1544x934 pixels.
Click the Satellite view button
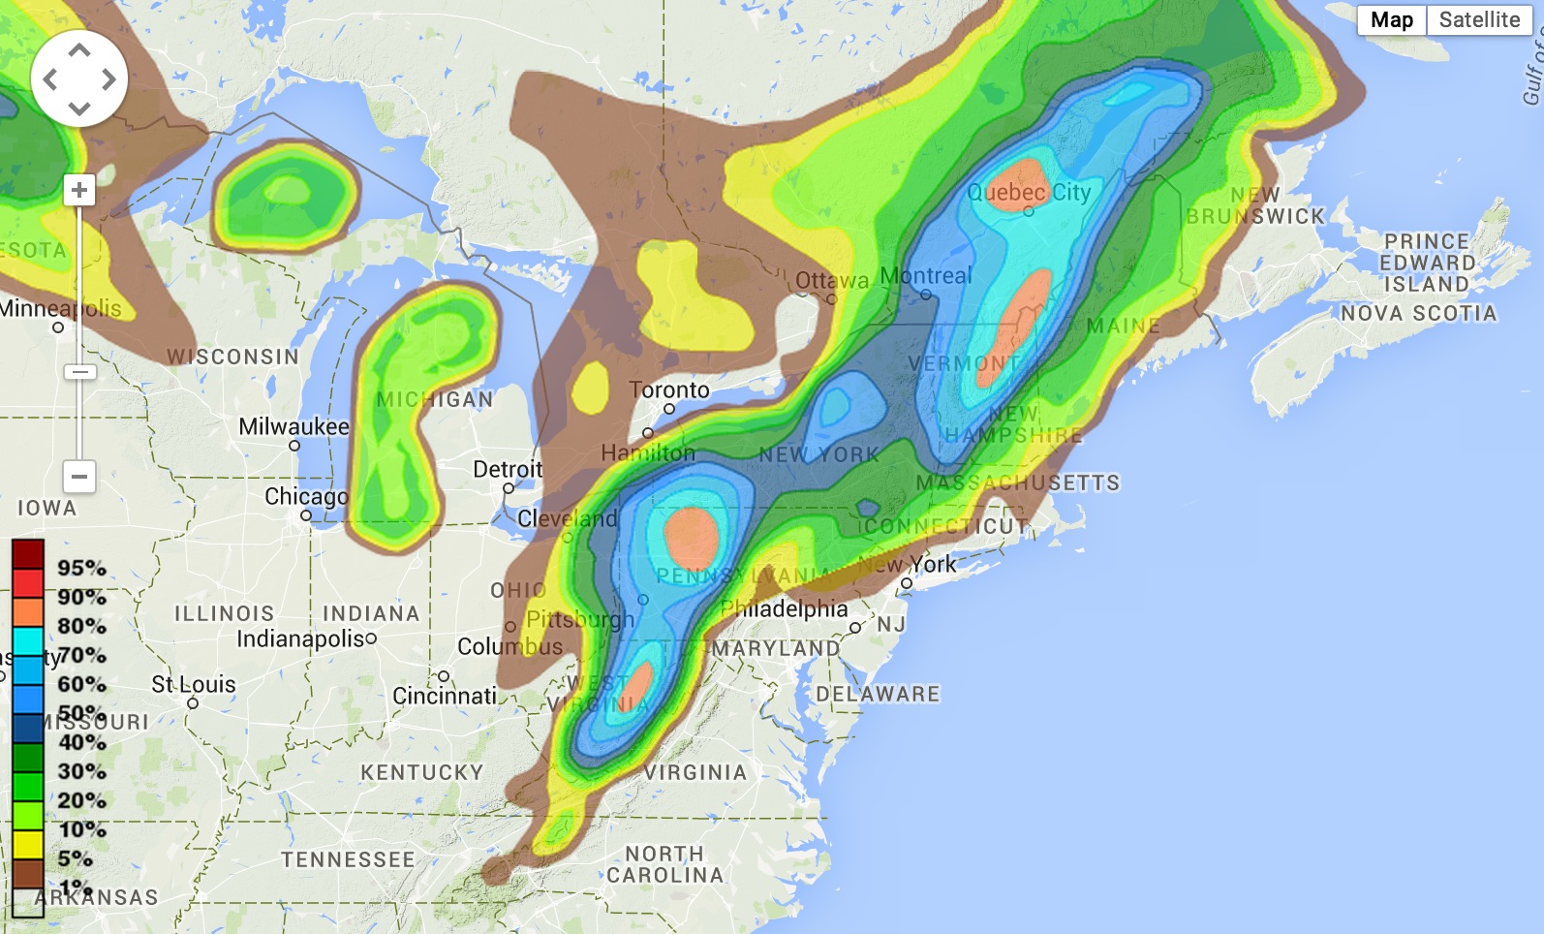(x=1478, y=20)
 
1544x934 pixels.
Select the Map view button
(x=1392, y=20)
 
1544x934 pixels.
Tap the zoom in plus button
(x=79, y=190)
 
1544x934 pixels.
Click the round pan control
(x=79, y=78)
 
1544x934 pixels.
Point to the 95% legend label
(x=81, y=568)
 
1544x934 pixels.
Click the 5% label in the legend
(x=75, y=858)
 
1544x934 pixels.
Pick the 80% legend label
(x=81, y=626)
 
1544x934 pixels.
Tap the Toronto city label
(x=669, y=390)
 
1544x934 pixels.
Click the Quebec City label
(x=1029, y=193)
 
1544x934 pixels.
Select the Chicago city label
(x=306, y=497)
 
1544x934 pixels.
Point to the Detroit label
(x=508, y=470)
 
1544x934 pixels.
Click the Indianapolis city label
(x=301, y=638)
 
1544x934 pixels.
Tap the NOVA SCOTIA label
(x=1418, y=313)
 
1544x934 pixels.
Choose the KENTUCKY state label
(x=421, y=772)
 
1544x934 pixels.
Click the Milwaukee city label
(x=293, y=427)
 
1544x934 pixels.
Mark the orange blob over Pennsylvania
(x=691, y=536)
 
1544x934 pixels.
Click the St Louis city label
(x=194, y=685)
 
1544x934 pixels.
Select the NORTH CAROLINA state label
(x=664, y=864)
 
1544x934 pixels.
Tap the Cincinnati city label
(x=445, y=696)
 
